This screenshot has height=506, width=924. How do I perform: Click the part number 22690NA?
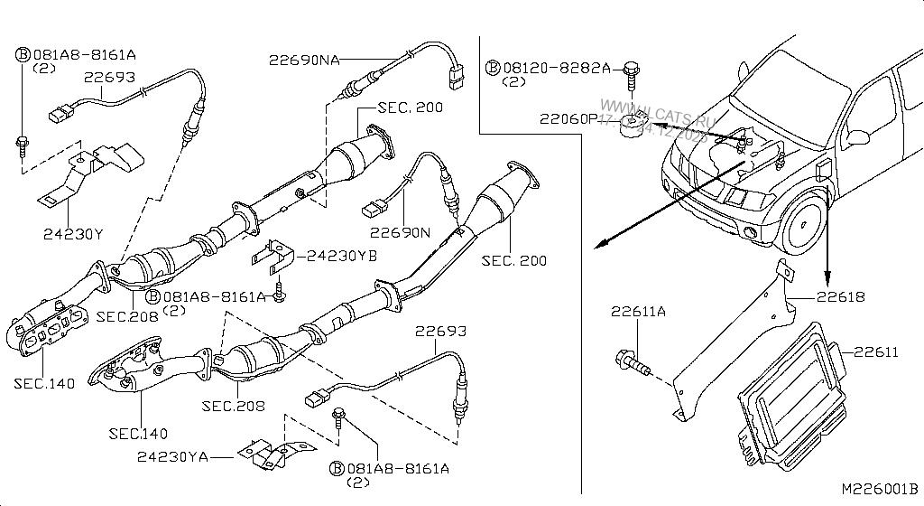(x=303, y=60)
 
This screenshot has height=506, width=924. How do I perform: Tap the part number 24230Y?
(x=73, y=234)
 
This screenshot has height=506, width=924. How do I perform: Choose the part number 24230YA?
(x=172, y=457)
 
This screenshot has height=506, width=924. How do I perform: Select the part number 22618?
(x=841, y=296)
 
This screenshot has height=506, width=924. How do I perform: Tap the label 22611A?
(x=638, y=312)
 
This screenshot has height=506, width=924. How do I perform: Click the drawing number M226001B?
(x=879, y=488)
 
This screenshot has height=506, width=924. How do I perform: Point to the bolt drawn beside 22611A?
(x=633, y=364)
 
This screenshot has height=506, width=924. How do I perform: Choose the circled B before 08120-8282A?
(x=493, y=68)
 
